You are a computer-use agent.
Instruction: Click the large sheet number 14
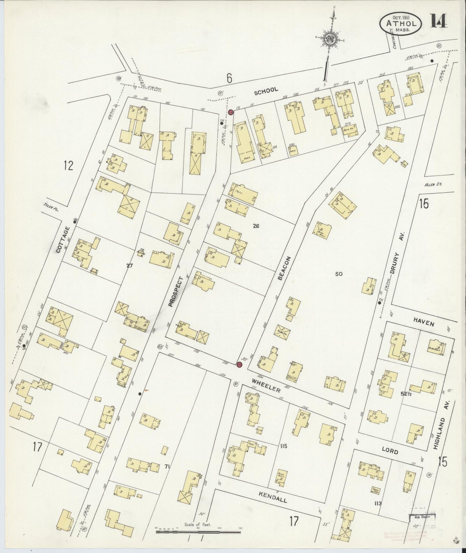tap(438, 21)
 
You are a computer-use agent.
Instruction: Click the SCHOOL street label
tap(266, 91)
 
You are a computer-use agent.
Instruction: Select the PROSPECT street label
tap(175, 291)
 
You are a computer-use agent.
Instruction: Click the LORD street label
tap(390, 451)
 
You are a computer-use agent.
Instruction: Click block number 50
tap(338, 274)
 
